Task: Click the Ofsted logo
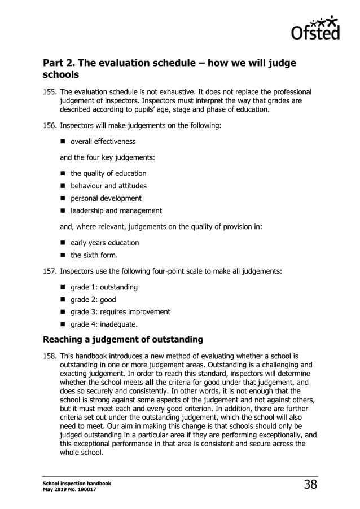315,28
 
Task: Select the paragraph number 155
50,92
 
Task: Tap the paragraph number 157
50,271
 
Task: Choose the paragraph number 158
50,357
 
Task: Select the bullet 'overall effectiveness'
103,142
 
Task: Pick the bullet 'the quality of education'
108,173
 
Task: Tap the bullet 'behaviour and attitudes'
108,186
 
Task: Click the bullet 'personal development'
106,198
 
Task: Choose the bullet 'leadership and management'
116,210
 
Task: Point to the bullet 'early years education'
104,243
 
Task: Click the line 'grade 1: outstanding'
104,287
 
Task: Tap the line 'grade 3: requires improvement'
120,311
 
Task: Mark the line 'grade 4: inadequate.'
104,324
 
